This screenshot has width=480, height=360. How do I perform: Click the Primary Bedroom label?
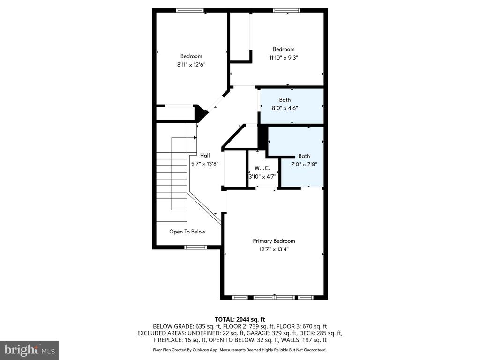tap(274, 241)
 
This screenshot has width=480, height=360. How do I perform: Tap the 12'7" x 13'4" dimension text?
tap(274, 249)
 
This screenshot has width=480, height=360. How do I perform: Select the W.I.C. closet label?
tap(262, 168)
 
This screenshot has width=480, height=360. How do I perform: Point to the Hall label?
tap(205, 155)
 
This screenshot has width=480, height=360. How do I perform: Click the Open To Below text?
tap(187, 232)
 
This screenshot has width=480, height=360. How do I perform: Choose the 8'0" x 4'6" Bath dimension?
tap(285, 108)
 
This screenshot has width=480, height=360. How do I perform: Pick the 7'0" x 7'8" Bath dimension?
tap(304, 164)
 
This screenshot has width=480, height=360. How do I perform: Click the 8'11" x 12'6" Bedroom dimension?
tap(191, 65)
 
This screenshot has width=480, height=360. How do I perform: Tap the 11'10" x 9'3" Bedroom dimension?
tap(284, 58)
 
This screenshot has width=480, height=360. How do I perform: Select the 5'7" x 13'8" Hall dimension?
tap(205, 164)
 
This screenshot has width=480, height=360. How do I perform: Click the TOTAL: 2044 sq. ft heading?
tap(240, 320)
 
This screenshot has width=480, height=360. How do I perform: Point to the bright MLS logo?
tap(30, 350)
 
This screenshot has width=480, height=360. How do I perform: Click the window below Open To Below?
tap(195, 247)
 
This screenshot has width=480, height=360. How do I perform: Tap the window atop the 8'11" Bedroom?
tap(190, 10)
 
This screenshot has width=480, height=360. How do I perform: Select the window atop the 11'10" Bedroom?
tap(287, 10)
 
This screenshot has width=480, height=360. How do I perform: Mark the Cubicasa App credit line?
tap(240, 350)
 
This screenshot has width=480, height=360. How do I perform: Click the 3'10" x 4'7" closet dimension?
tap(262, 177)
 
